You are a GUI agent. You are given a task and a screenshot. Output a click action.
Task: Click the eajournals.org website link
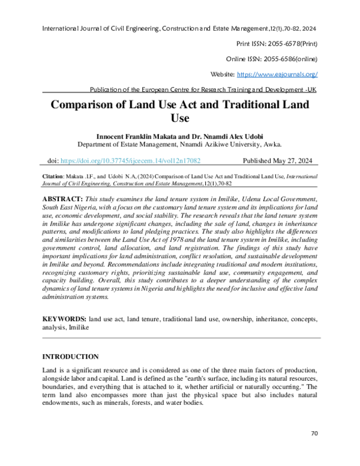coord(278,74)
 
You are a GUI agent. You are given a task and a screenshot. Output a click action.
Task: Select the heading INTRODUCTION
coord(70,357)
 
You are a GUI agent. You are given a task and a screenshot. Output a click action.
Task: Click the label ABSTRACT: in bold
coord(63,198)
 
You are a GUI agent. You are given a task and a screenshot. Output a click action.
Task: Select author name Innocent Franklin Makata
coord(131,136)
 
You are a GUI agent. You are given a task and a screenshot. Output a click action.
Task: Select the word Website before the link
coord(223,74)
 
